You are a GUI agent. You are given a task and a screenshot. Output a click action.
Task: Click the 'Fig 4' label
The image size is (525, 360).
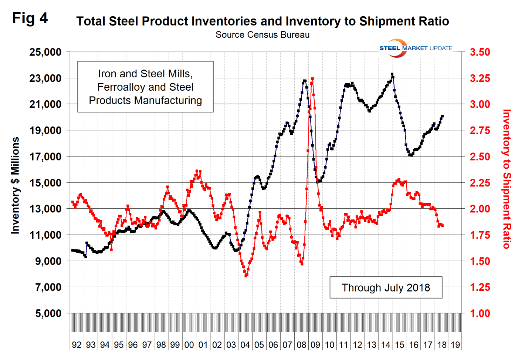tap(30, 18)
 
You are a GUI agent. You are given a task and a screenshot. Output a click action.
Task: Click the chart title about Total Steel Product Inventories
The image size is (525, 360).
tap(262, 21)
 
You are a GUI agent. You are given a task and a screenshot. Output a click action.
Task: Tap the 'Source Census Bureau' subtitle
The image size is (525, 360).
tap(262, 35)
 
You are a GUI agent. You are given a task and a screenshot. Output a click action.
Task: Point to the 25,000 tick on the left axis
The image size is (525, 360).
tap(45, 52)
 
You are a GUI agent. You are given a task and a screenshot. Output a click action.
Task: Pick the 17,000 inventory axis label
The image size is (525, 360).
tap(45, 157)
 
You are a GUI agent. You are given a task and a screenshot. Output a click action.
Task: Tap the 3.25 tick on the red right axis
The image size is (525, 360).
tap(480, 78)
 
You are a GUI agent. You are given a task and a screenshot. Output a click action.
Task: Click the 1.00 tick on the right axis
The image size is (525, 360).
tap(480, 313)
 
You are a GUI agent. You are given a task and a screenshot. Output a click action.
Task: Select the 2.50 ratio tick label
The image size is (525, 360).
tap(480, 157)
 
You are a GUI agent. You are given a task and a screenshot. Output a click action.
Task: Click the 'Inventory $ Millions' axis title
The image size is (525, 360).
tap(15, 185)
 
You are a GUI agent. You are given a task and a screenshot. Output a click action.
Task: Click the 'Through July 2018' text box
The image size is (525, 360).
tap(386, 287)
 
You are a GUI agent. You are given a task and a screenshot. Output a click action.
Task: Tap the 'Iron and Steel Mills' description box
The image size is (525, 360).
tap(145, 87)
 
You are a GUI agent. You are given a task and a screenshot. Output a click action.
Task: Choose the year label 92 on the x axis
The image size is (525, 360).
tap(77, 345)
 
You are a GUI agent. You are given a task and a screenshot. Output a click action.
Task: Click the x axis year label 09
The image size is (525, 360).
tap(315, 345)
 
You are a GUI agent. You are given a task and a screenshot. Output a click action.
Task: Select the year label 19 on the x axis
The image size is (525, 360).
tap(455, 345)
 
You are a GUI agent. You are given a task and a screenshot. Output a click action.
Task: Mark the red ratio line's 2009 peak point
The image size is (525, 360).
tap(312, 79)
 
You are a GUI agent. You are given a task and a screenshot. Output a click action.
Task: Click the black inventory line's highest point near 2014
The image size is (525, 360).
tap(392, 74)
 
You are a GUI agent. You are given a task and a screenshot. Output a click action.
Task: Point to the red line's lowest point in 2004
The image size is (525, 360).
tap(246, 276)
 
